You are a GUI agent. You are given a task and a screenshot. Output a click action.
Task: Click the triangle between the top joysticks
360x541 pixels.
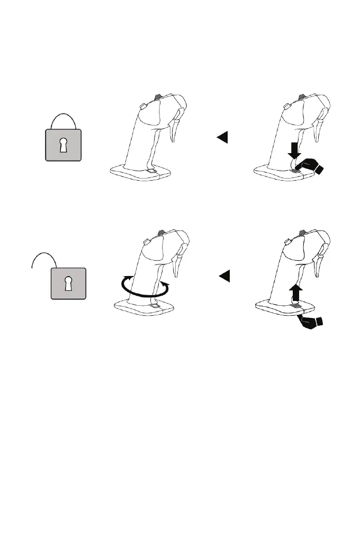[x=222, y=138]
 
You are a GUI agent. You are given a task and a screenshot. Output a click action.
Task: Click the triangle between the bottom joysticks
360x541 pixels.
[x=224, y=276]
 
